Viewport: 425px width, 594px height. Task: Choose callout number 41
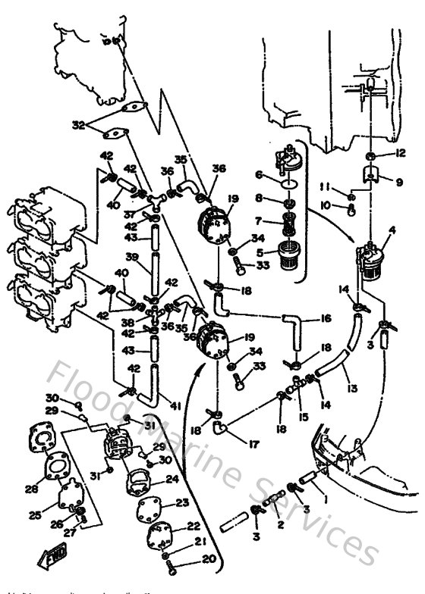177,407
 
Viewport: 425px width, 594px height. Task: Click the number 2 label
280,524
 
